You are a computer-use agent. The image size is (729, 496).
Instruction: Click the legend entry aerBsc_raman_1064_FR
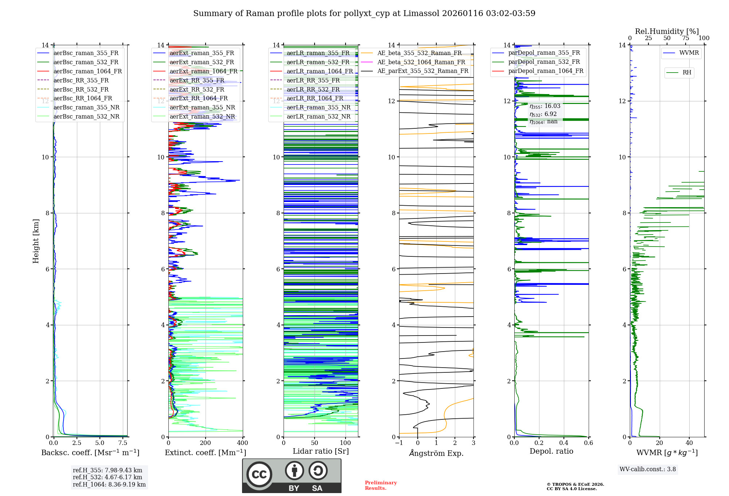[87, 71]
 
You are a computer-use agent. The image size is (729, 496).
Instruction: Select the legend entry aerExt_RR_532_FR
[197, 89]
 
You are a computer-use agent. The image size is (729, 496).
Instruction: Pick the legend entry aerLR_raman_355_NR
[318, 107]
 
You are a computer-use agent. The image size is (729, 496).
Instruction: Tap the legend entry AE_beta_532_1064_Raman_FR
[421, 62]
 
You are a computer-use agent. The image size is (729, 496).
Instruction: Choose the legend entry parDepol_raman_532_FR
[544, 62]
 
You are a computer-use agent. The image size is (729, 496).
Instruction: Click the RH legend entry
[687, 73]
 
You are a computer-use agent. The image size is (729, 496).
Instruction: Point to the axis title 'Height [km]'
[36, 241]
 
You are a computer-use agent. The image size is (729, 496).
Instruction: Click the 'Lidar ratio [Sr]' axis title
[320, 451]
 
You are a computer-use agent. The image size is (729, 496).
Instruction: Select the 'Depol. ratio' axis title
[551, 451]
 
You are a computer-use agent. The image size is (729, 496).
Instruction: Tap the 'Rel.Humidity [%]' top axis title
[667, 31]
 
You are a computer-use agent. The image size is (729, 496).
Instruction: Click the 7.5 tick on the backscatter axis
[123, 443]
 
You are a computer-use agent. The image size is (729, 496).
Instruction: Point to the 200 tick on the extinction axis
[205, 443]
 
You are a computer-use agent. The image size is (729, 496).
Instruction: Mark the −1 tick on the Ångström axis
[399, 443]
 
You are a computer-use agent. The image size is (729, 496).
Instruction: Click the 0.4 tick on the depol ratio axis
[564, 443]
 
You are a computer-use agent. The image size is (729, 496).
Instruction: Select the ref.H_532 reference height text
[107, 477]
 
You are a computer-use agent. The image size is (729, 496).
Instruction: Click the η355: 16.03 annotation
[545, 106]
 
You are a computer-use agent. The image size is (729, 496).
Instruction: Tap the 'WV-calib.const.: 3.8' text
[647, 469]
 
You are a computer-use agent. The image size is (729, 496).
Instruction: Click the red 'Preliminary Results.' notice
[381, 485]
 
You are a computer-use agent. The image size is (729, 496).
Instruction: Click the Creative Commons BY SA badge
[292, 476]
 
